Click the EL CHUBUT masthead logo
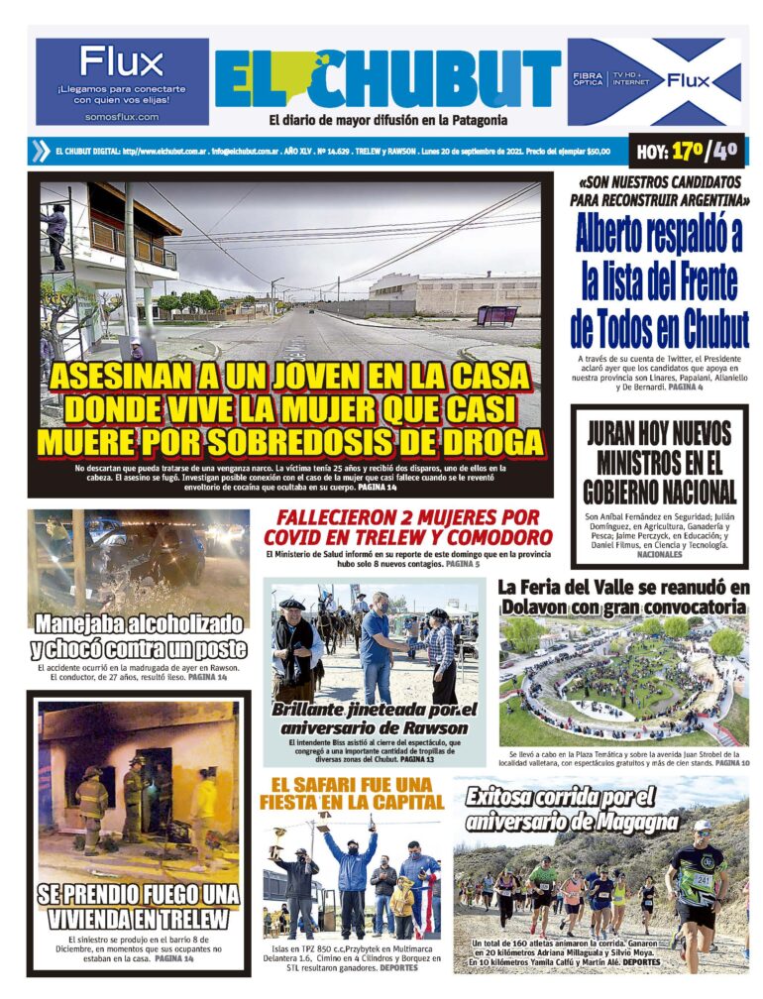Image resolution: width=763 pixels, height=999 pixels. pos(387,79)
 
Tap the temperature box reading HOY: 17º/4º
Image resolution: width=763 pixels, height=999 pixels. pos(687,152)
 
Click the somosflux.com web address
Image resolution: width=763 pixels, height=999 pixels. pos(122,117)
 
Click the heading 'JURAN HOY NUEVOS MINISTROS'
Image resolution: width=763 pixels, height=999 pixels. pos(659,462)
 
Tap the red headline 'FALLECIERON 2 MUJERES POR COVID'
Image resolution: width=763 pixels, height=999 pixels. pos(407,526)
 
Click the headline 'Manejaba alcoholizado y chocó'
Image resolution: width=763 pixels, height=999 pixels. pos(138,636)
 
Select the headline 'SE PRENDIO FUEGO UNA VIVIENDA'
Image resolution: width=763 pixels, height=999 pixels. pos(139,906)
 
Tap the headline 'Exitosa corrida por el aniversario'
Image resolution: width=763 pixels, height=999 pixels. pos(562,808)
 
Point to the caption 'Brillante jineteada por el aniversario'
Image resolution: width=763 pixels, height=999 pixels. pos(374,719)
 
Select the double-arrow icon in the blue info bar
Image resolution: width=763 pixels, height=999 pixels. pos(40,152)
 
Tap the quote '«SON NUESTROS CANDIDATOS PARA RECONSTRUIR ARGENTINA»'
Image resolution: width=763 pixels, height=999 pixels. pos(659,191)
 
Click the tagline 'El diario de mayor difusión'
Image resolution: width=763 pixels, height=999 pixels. pos(387,121)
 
